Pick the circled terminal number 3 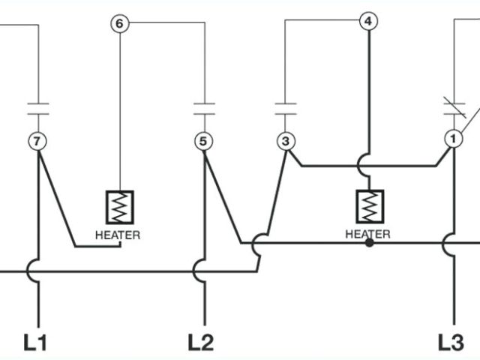click(285, 140)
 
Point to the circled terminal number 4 click(367, 21)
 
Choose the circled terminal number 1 click(452, 140)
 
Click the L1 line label click(35, 342)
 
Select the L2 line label click(200, 342)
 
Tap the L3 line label click(451, 342)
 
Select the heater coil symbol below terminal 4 click(368, 205)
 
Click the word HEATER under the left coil click(118, 234)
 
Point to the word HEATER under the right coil click(367, 233)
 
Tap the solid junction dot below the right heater click(368, 243)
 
